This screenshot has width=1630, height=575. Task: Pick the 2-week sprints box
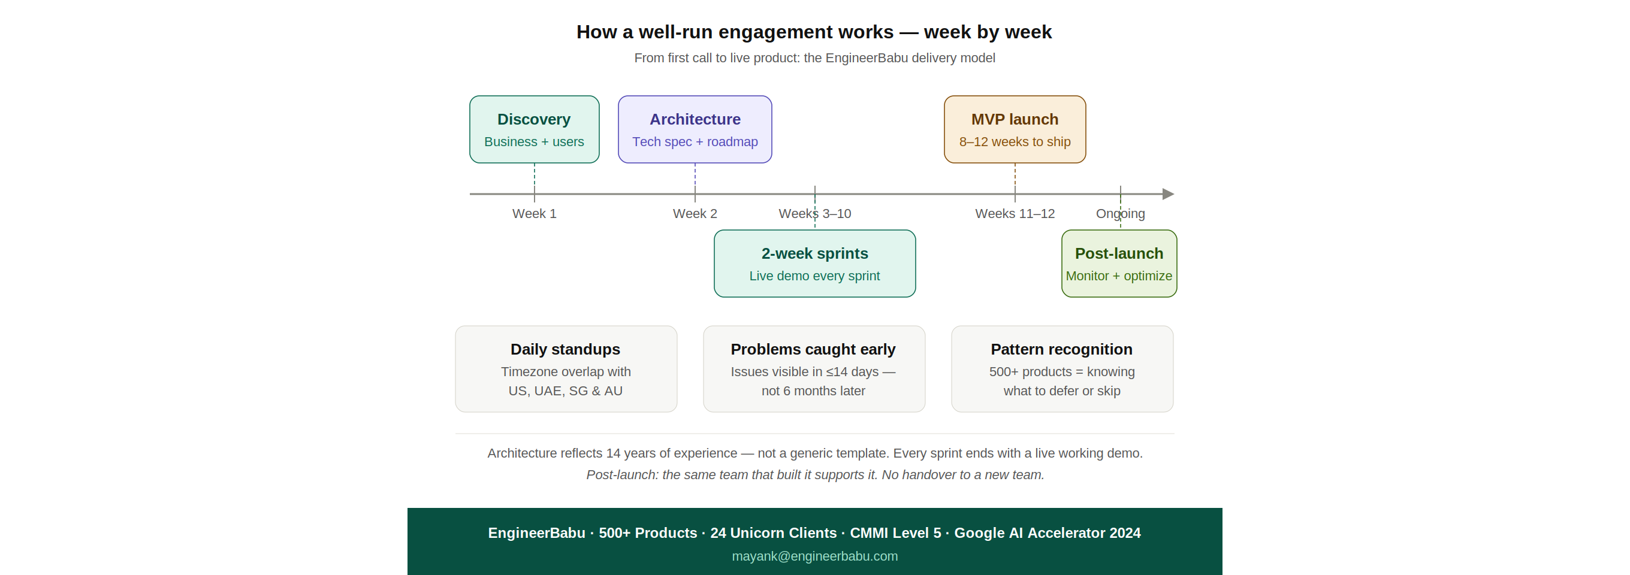814,263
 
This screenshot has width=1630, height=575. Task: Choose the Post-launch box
1119,263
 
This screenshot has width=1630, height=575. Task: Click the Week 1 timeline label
534,214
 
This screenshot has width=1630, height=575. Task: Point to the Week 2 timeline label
695,214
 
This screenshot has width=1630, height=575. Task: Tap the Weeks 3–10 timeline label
814,214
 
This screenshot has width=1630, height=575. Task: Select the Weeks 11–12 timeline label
1015,214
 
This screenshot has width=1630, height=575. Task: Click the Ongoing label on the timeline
1120,214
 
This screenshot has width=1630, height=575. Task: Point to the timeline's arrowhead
1168,194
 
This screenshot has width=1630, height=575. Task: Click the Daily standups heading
565,349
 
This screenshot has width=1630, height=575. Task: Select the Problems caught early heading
813,349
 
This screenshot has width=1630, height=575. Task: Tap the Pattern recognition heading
1061,349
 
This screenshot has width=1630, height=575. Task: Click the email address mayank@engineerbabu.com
814,556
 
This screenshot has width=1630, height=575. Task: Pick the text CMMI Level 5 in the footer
895,533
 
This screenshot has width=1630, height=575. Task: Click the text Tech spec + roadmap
695,142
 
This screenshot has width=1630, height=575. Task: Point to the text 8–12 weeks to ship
1015,142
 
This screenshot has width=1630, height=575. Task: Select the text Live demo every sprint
814,276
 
